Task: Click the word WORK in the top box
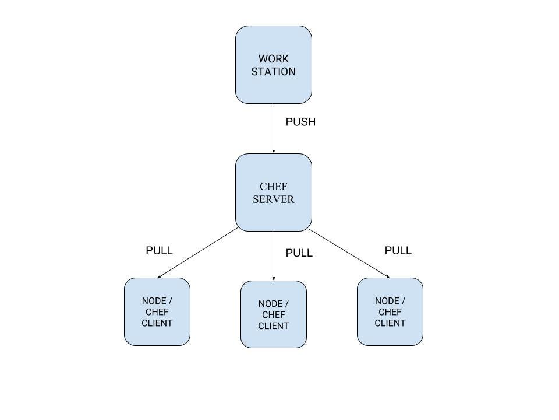click(273, 59)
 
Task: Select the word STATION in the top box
click(273, 72)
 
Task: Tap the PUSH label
click(300, 122)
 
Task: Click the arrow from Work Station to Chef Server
click(274, 128)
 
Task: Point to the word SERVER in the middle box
click(273, 199)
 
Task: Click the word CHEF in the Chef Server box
click(273, 187)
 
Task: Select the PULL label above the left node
click(159, 250)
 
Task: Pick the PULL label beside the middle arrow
click(299, 253)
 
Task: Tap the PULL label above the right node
click(398, 250)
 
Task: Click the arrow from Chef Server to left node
click(198, 253)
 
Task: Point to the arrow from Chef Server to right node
click(349, 254)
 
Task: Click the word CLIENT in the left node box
click(157, 323)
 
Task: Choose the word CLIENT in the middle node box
click(273, 326)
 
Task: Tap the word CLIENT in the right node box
click(390, 323)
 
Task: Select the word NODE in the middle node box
click(270, 304)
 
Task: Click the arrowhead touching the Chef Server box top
click(274, 151)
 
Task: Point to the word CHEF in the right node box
click(390, 312)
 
